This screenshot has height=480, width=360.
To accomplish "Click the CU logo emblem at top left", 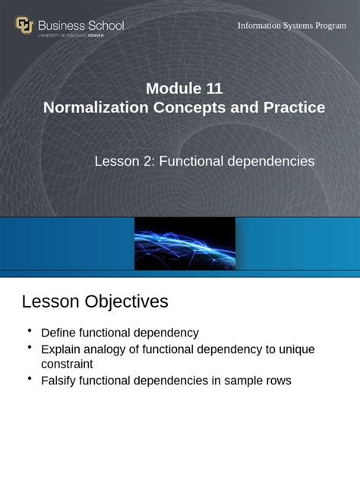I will (24, 26).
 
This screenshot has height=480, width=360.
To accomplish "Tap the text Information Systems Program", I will (292, 26).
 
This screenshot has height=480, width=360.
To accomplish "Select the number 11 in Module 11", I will (213, 88).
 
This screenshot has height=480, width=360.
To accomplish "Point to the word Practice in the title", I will (294, 108).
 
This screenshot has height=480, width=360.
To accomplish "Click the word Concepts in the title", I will (191, 108).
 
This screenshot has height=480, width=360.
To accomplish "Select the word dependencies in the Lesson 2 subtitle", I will (272, 161).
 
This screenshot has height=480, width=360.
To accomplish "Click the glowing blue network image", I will (185, 243).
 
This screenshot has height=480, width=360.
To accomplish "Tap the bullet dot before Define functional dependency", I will (29, 330).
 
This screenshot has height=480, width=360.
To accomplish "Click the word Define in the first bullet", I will (58, 333).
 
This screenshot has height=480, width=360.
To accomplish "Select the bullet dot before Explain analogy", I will (29, 347).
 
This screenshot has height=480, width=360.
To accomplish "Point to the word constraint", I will (68, 365).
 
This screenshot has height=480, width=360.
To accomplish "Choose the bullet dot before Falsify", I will (29, 378).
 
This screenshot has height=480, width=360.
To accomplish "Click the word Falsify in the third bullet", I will (61, 381).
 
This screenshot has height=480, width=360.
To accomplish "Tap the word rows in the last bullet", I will (276, 381).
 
